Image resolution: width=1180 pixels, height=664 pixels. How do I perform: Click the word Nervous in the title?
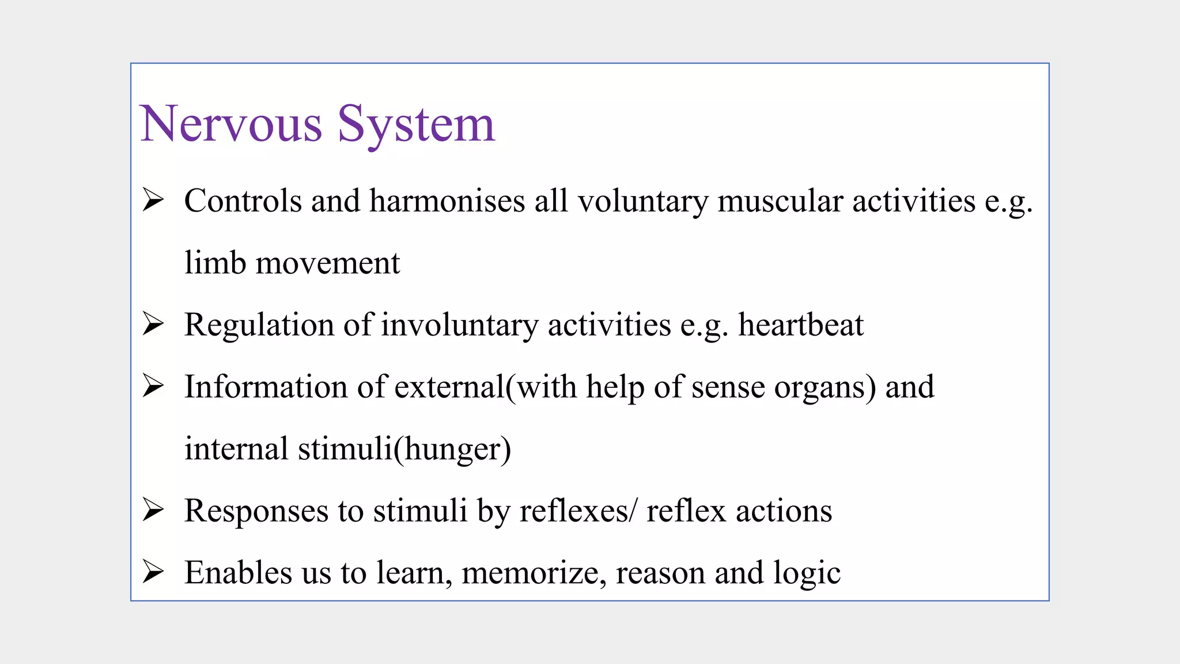pos(231,124)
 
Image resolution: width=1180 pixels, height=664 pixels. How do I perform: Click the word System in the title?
pos(416,124)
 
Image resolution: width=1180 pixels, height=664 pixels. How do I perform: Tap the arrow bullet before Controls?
pos(153,201)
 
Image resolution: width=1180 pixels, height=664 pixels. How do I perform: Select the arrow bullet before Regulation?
pos(153,325)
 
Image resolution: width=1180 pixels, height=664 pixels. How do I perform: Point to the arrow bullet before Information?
pos(153,386)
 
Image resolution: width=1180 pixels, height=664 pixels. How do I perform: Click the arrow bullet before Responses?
pos(153,511)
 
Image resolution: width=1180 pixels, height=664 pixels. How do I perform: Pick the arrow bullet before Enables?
pos(153,572)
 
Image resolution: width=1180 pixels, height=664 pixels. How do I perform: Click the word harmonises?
pos(447,202)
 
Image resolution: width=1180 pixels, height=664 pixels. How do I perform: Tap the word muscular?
pos(780,202)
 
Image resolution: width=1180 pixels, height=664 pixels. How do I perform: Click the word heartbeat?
pos(801,325)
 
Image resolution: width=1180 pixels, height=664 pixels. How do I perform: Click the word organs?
pos(820,388)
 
